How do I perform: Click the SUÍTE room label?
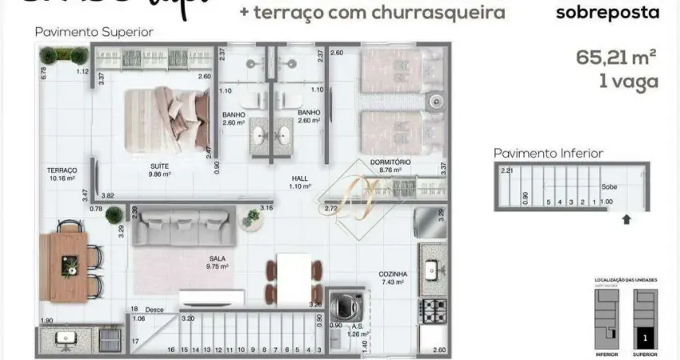point(158,166)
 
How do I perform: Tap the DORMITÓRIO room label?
point(390,162)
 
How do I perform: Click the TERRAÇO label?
point(62,170)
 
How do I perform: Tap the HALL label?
point(300,178)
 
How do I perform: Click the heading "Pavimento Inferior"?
point(548,153)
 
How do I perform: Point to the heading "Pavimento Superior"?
point(94,32)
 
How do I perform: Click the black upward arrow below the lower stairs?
point(626,216)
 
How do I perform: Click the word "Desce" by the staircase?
point(153,309)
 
